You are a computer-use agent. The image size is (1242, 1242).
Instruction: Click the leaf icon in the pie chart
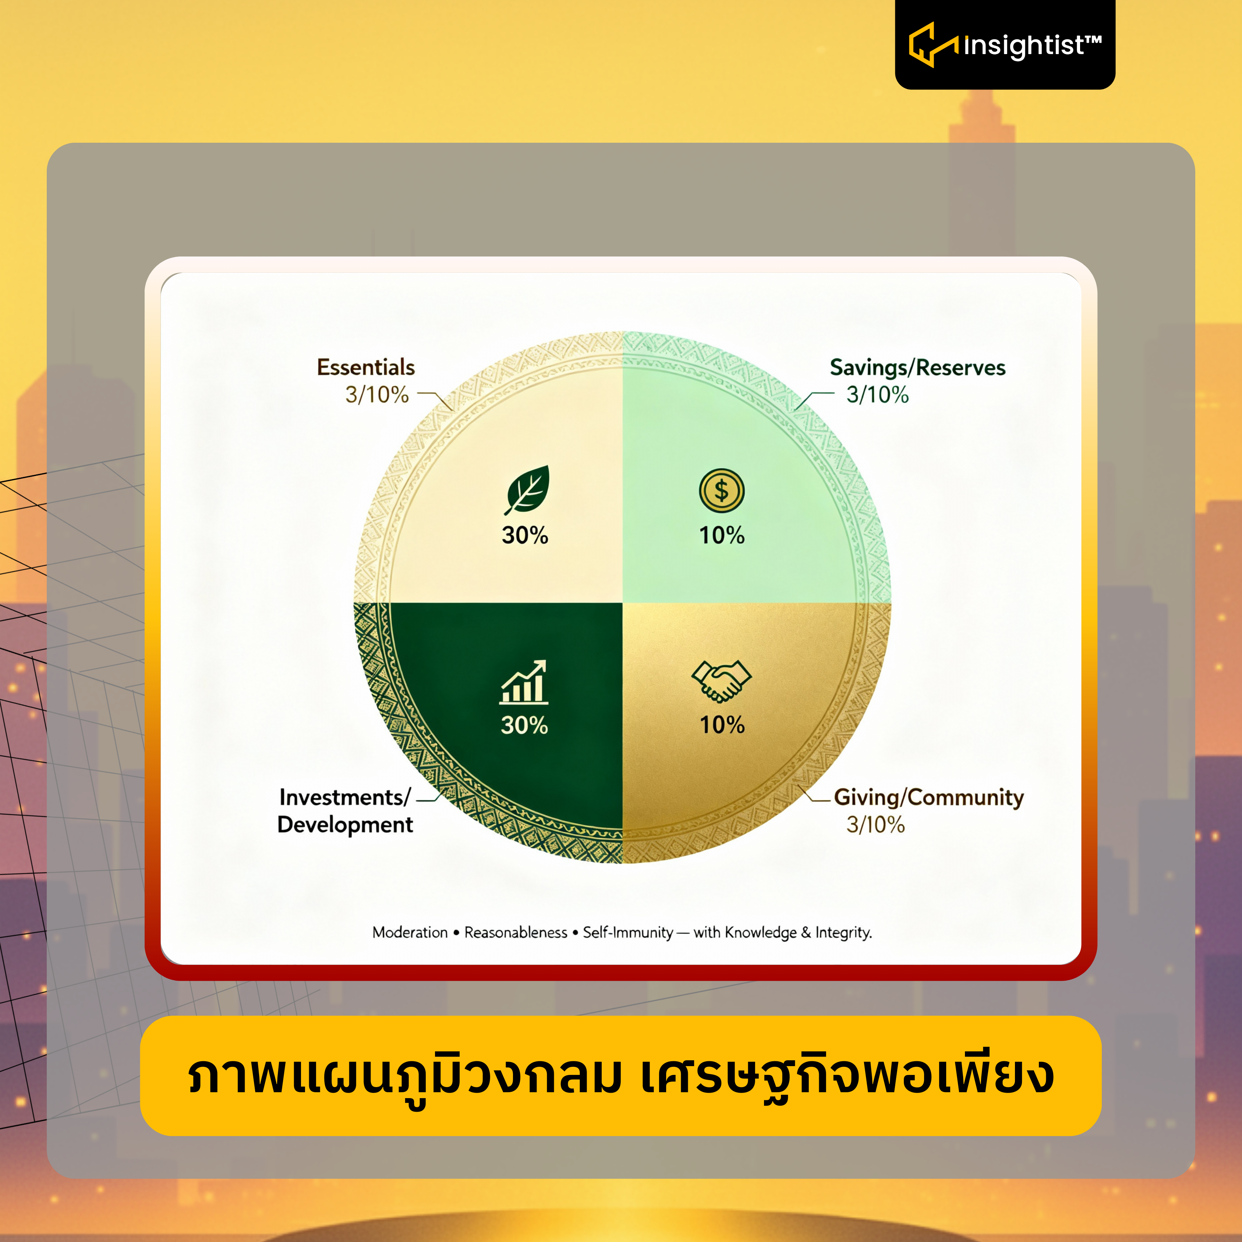click(x=527, y=490)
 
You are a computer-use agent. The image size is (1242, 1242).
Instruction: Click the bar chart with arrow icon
click(x=524, y=682)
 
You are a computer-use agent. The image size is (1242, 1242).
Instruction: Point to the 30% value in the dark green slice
click(x=524, y=725)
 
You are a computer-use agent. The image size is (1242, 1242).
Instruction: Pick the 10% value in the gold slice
click(x=722, y=725)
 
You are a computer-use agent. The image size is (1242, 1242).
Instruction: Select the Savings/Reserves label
click(x=917, y=368)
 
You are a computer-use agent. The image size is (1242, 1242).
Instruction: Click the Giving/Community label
click(x=929, y=797)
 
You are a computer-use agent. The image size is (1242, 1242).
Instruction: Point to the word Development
click(x=345, y=825)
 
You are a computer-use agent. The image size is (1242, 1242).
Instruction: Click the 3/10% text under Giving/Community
click(x=875, y=824)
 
